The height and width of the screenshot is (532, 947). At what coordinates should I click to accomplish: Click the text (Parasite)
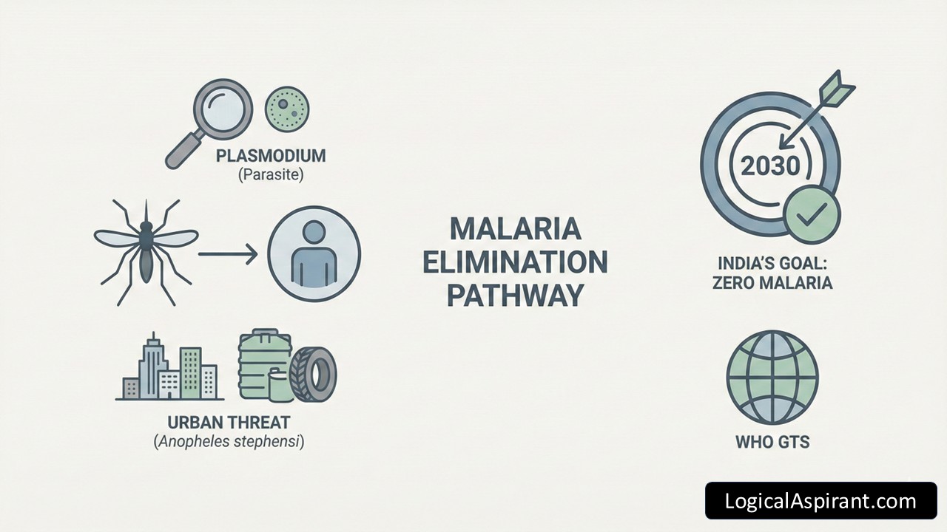click(270, 176)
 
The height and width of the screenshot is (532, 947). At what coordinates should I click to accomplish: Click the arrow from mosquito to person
click(227, 255)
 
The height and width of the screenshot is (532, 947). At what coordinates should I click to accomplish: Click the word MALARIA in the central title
click(516, 228)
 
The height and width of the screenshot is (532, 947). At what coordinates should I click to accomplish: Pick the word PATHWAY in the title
click(516, 296)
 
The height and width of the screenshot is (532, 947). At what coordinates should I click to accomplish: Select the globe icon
click(772, 377)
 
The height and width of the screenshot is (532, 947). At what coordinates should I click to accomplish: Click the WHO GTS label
click(772, 442)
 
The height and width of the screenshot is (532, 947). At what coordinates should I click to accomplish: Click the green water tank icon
click(263, 364)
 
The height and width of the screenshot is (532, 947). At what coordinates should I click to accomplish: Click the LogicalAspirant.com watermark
click(820, 501)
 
